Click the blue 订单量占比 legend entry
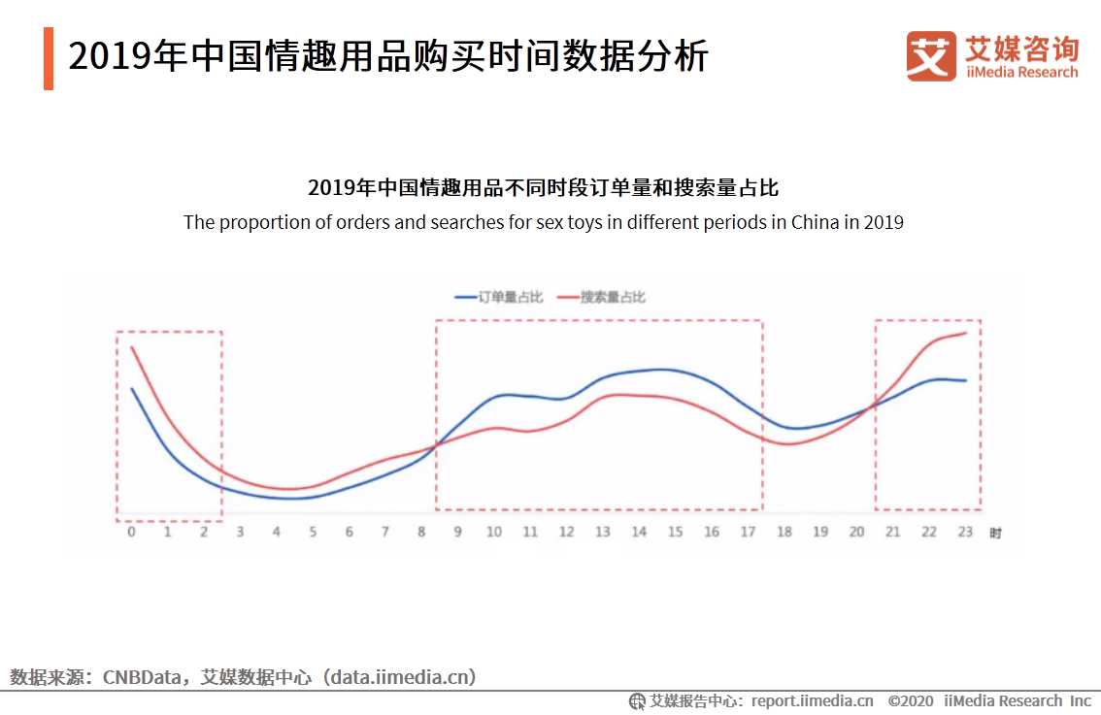pos(499,297)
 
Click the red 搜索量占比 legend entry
pos(601,297)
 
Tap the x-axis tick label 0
pos(131,533)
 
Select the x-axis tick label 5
pos(313,533)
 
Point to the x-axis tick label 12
pos(567,533)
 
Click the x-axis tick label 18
pos(784,533)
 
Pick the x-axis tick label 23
pos(965,533)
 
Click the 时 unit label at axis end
pos(995,534)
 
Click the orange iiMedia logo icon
pos(931,56)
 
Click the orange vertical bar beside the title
pos(49,58)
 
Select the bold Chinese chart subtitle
pos(543,187)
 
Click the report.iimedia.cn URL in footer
pos(812,700)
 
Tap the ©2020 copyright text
pos(910,700)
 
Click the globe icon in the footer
pos(637,700)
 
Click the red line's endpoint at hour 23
pos(966,333)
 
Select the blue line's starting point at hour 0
pos(132,389)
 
